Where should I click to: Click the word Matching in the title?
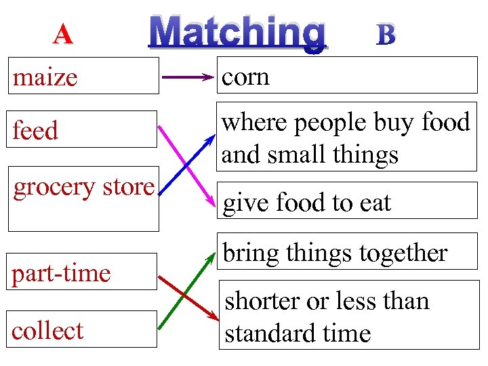[238, 32]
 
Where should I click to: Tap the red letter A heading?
[63, 34]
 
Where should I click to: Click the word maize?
[45, 77]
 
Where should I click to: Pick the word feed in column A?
[35, 130]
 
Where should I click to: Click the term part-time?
[61, 273]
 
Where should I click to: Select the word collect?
[47, 330]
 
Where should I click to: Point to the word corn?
[246, 77]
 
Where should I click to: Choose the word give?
[245, 202]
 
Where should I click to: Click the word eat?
[373, 202]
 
